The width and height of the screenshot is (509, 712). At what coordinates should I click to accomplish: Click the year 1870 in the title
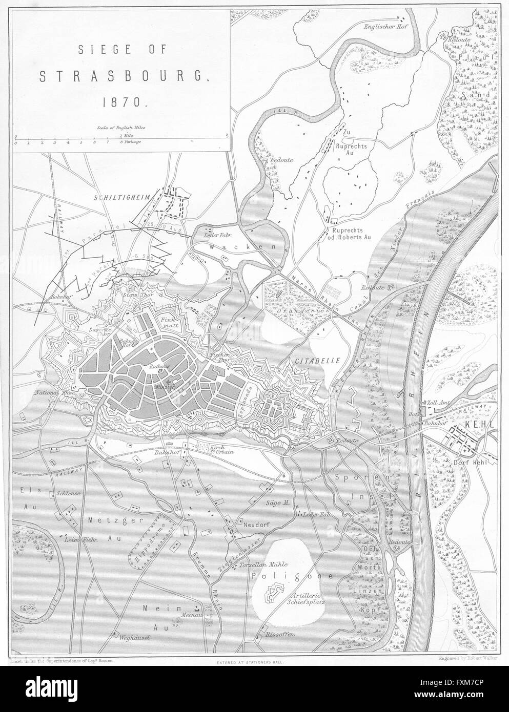[117, 101]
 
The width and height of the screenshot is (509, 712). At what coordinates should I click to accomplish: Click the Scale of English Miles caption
[120, 125]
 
